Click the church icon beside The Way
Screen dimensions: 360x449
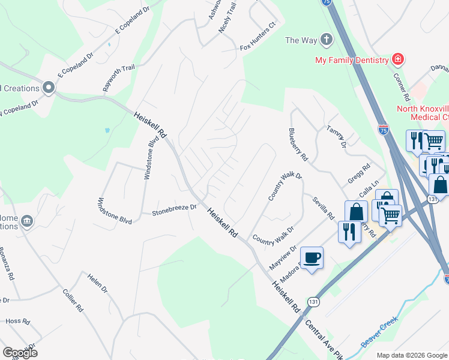click(x=326, y=40)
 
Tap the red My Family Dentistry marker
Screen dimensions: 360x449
click(x=397, y=59)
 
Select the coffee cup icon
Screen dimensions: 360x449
click(x=312, y=258)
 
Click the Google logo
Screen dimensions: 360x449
click(x=20, y=352)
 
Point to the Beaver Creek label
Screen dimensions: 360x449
click(x=379, y=335)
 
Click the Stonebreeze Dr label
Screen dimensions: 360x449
click(x=174, y=209)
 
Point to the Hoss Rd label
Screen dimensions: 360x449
click(x=17, y=322)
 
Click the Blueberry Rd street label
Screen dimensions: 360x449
click(x=298, y=145)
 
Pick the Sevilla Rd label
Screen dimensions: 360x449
click(x=322, y=208)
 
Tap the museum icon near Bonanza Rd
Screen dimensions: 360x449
click(x=26, y=221)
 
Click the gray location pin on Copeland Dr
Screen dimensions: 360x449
click(x=49, y=88)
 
